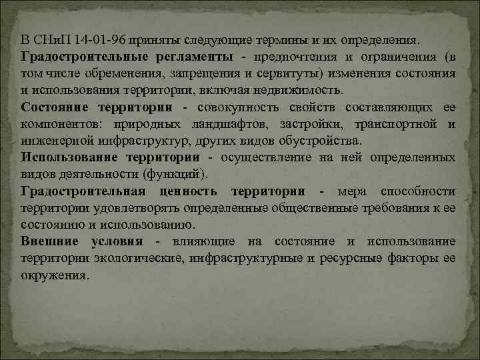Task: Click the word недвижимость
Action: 301,89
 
